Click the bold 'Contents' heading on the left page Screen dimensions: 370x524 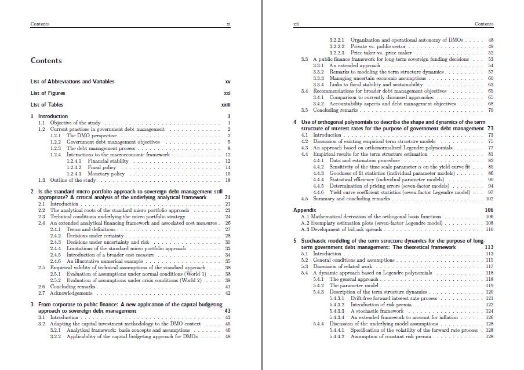pyautogui.click(x=46, y=61)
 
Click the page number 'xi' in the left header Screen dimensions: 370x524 pyautogui.click(x=228, y=24)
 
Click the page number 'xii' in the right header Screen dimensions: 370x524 pyautogui.click(x=296, y=24)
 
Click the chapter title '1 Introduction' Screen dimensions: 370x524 pyautogui.click(x=51, y=116)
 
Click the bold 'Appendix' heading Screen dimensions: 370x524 pyautogui.click(x=304, y=210)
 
